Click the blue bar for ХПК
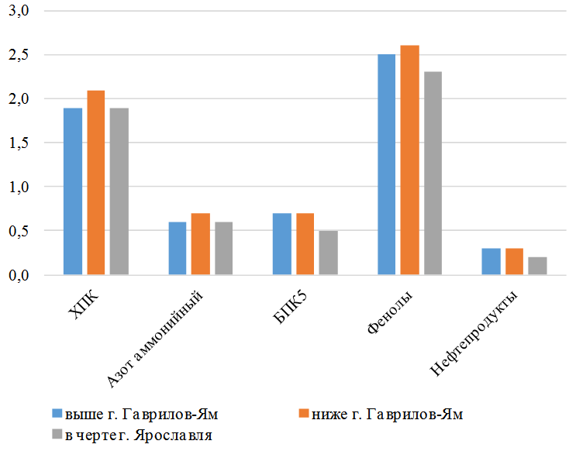(x=73, y=191)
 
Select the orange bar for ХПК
(x=96, y=183)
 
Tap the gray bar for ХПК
(x=119, y=191)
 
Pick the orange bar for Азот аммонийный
(x=201, y=244)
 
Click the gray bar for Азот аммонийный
(x=224, y=249)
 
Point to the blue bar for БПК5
(x=282, y=244)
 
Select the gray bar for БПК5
(x=329, y=253)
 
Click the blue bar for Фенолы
(x=386, y=165)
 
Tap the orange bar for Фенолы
(x=409, y=160)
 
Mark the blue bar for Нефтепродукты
(x=491, y=262)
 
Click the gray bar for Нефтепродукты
(x=537, y=266)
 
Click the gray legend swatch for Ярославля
(x=57, y=433)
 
